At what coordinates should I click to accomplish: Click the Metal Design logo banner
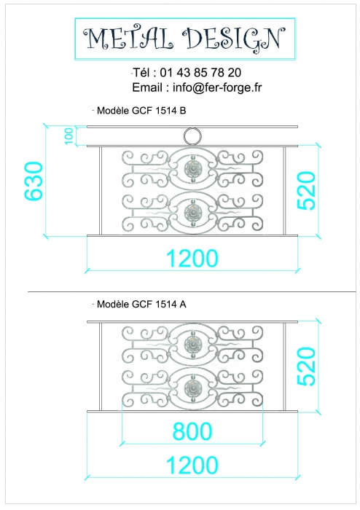(185, 39)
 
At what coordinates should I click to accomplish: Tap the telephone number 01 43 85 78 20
(200, 72)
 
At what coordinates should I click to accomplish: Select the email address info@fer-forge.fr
(217, 87)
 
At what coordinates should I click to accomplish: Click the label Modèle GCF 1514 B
(141, 111)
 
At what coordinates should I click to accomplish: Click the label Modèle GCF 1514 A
(141, 304)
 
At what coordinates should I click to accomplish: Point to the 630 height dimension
(34, 181)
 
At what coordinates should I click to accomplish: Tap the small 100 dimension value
(69, 136)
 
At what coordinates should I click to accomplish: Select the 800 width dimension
(192, 431)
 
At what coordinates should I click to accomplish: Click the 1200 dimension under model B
(192, 258)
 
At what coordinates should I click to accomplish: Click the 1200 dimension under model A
(192, 465)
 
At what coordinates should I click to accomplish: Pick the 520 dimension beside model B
(306, 191)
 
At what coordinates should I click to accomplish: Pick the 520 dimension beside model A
(306, 366)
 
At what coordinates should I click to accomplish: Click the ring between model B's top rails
(192, 129)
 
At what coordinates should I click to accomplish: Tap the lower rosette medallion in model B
(193, 213)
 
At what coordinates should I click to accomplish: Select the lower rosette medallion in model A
(193, 388)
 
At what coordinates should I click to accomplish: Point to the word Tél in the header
(141, 72)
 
